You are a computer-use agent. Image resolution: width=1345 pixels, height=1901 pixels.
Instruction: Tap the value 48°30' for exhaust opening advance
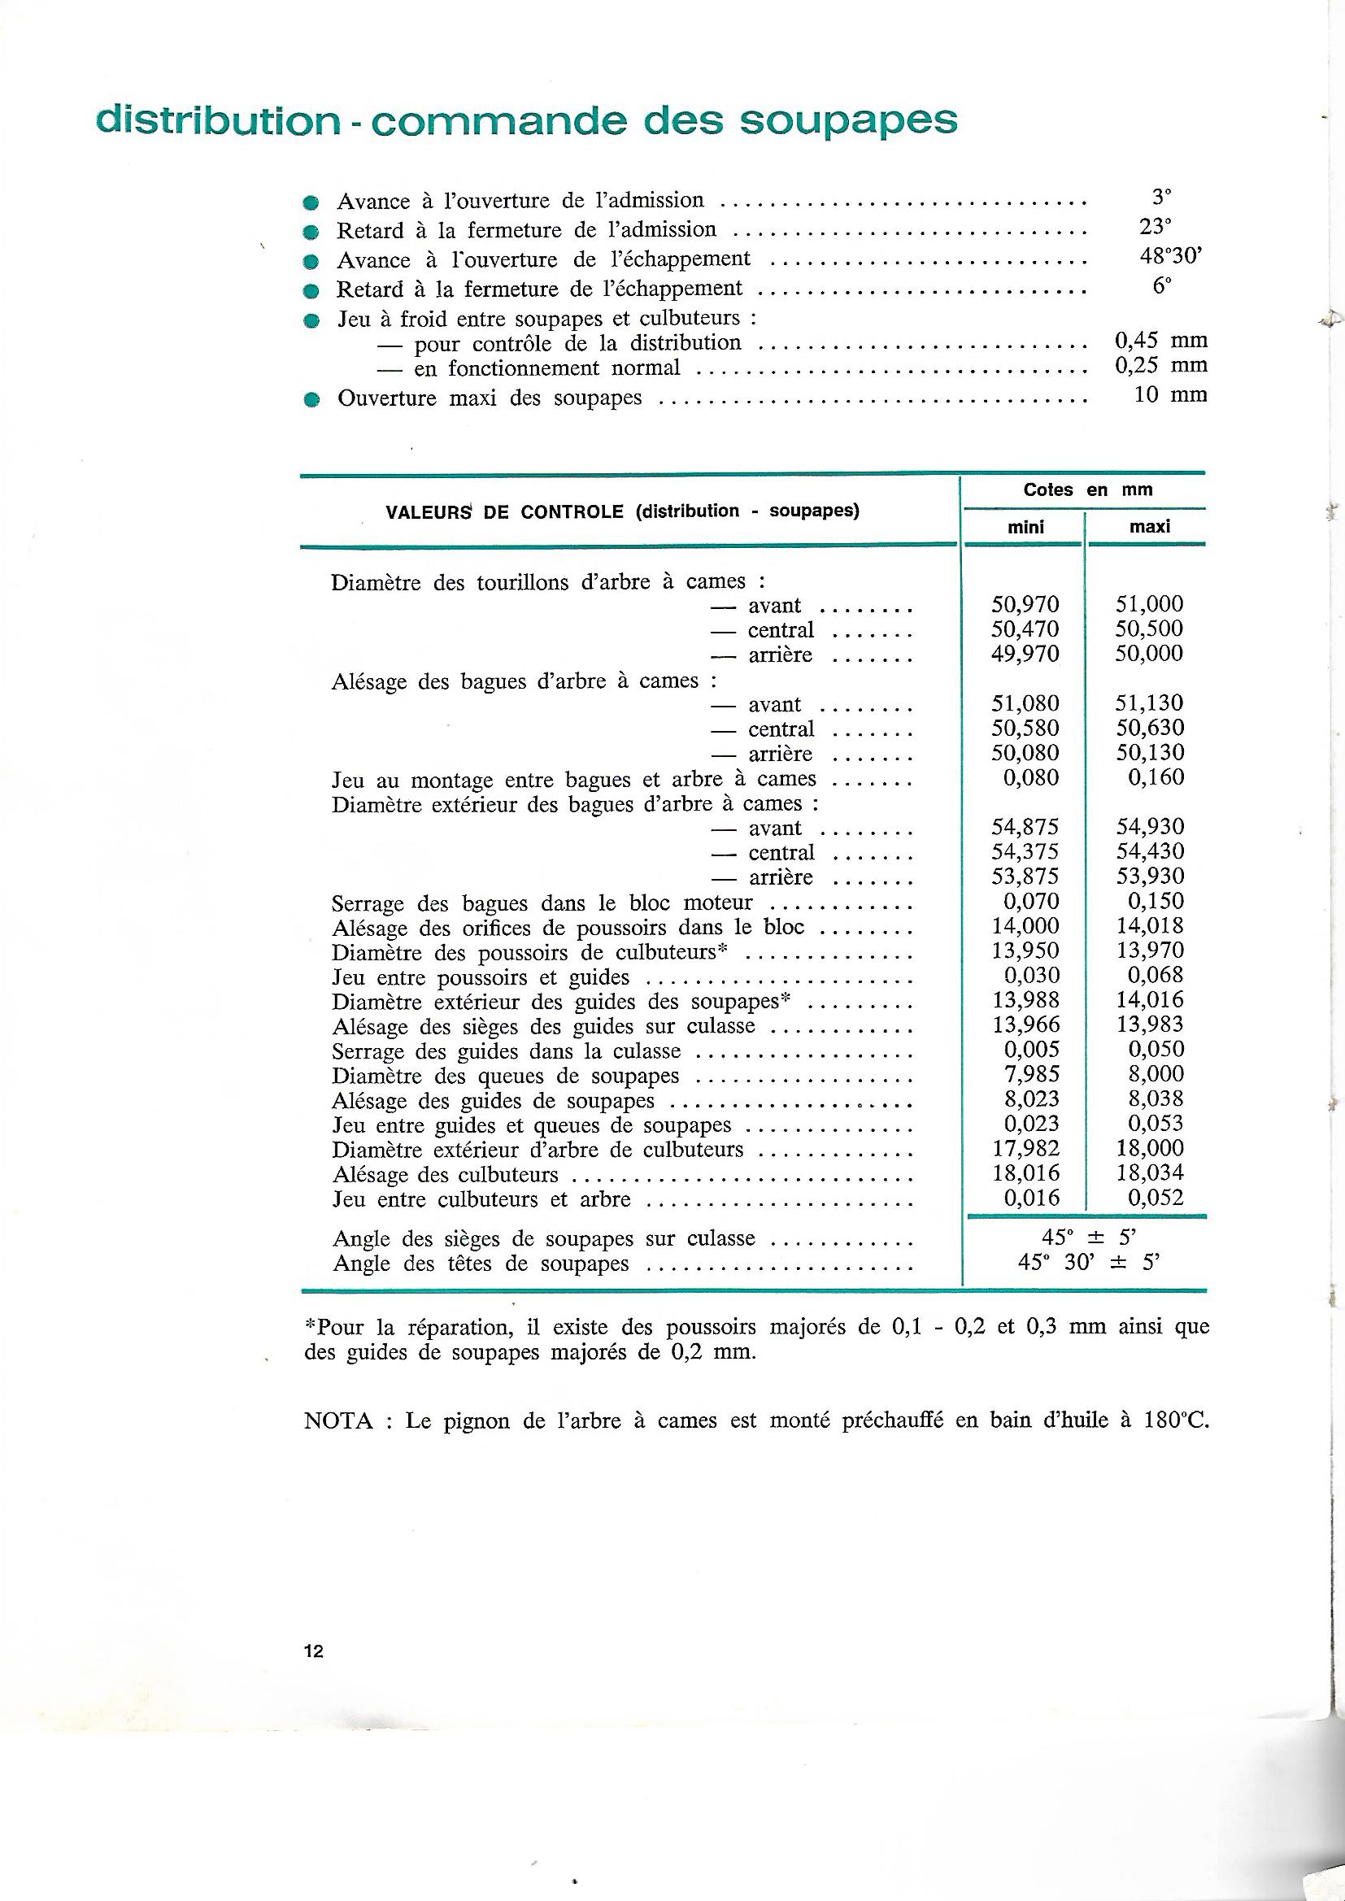click(1170, 256)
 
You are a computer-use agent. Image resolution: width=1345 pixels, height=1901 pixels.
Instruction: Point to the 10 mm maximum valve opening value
click(1170, 394)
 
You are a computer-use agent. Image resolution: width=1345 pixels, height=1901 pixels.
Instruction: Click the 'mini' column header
click(1025, 527)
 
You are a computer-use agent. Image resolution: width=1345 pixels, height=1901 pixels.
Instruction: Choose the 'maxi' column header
click(1150, 527)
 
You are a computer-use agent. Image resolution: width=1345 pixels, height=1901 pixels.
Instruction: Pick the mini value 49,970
click(1025, 654)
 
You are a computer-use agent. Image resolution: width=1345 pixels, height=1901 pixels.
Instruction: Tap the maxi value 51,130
click(1150, 704)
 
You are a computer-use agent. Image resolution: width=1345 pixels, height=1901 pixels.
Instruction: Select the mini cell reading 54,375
click(1025, 852)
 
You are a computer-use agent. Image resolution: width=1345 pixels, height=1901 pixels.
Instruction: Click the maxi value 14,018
click(1150, 925)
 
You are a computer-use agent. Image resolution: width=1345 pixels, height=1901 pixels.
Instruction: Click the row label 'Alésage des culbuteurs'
click(445, 1175)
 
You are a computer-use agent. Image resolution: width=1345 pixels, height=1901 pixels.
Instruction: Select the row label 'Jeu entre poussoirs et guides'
click(481, 978)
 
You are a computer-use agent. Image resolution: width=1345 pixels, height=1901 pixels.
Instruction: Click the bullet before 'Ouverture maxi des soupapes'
click(311, 399)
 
